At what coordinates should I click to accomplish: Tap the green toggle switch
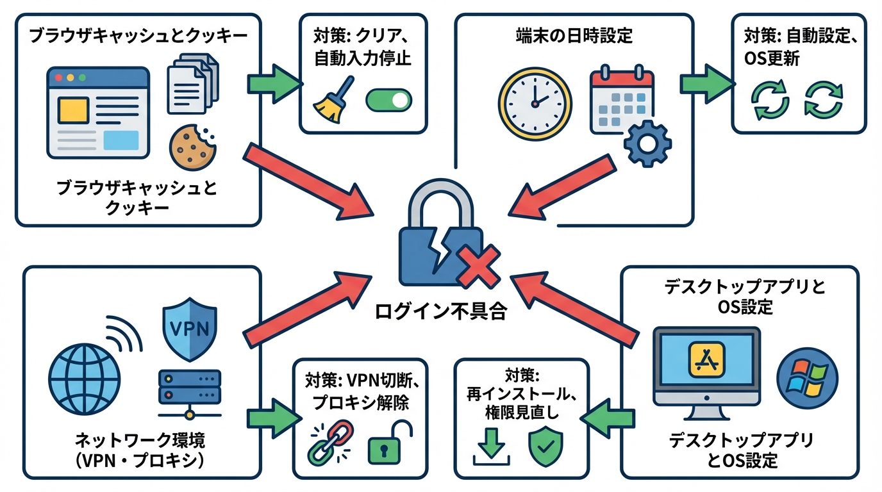click(388, 100)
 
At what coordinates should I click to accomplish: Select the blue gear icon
click(647, 145)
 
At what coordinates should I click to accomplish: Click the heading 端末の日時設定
click(574, 35)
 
